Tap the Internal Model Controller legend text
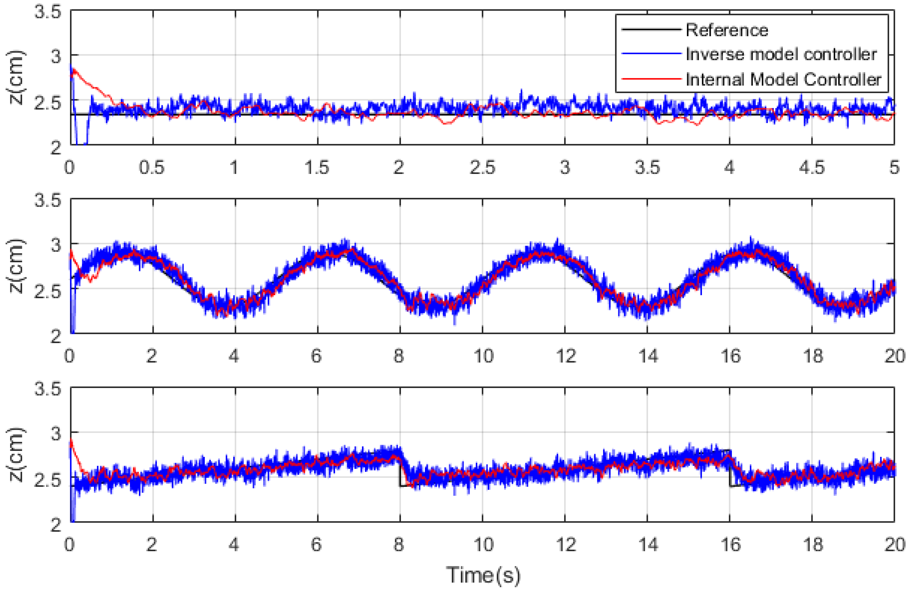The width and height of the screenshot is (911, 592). pyautogui.click(x=783, y=79)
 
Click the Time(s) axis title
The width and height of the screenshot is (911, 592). pyautogui.click(x=483, y=574)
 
